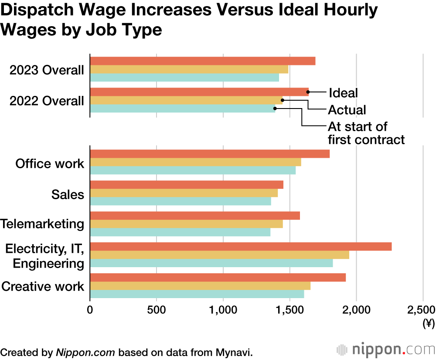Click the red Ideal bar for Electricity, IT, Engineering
[x=241, y=247]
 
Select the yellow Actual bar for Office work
[x=195, y=162]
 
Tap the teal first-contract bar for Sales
[x=181, y=201]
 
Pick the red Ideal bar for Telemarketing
[x=195, y=216]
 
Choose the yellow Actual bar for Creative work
[x=200, y=286]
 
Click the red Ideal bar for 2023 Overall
[x=202, y=61]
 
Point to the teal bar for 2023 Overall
[x=184, y=78]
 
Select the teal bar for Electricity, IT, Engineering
[x=211, y=263]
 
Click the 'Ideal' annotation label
[x=343, y=93]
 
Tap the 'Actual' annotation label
[x=347, y=109]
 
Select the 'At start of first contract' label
[x=366, y=133]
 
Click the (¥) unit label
[x=429, y=323]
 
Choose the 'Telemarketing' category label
[x=42, y=224]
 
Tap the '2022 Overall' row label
[x=47, y=101]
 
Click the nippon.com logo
[x=386, y=350]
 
